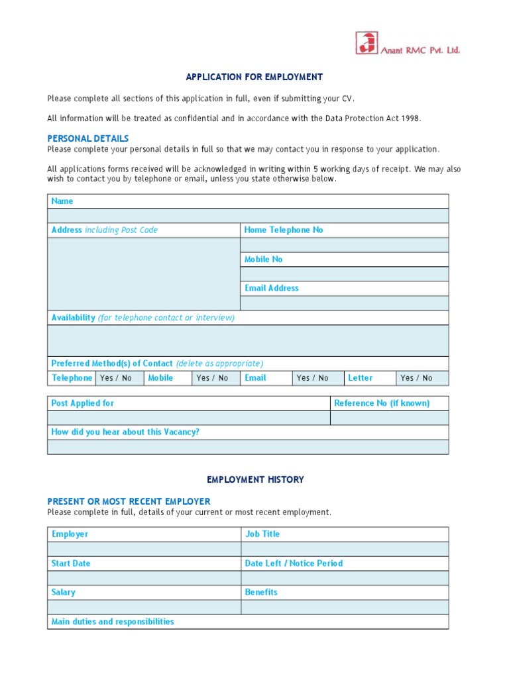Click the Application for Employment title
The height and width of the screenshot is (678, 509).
click(x=254, y=77)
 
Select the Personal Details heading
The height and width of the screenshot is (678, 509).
click(x=87, y=138)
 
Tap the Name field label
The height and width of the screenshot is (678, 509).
click(x=62, y=201)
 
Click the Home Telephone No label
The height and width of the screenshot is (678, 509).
click(x=284, y=230)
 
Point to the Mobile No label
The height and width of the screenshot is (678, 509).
click(x=263, y=260)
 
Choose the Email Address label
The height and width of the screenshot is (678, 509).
click(x=271, y=288)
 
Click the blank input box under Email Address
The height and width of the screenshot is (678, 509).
click(x=344, y=303)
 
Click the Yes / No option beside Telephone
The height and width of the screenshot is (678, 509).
click(x=116, y=378)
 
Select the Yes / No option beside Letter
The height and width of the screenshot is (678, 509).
click(x=416, y=378)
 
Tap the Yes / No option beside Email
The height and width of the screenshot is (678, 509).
click(x=312, y=378)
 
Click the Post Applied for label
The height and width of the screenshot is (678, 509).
click(x=83, y=403)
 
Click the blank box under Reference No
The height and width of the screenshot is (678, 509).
click(x=389, y=418)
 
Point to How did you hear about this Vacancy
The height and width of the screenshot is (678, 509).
click(x=125, y=432)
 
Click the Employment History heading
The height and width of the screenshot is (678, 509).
click(x=255, y=479)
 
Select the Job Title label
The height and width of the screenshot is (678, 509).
click(x=262, y=534)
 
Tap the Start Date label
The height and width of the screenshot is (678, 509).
click(x=71, y=563)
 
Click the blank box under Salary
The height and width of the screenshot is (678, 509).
click(x=144, y=607)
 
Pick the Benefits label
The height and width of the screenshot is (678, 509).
click(x=261, y=593)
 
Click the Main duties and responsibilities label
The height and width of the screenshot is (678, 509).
click(x=113, y=622)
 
